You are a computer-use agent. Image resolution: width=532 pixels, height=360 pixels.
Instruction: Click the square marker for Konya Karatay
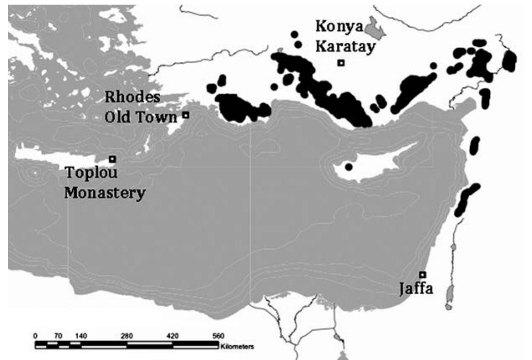click(x=341, y=63)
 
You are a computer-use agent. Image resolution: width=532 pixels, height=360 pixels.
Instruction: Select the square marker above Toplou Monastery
click(x=112, y=159)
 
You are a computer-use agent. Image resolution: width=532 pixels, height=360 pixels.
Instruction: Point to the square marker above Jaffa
click(x=422, y=274)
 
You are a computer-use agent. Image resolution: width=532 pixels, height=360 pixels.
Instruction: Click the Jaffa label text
click(x=415, y=289)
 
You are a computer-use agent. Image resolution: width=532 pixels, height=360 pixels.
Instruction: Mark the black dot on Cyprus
click(x=349, y=167)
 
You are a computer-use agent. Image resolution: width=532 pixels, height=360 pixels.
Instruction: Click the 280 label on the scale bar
click(x=127, y=336)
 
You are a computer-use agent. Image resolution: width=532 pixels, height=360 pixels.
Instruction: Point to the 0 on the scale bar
click(x=36, y=336)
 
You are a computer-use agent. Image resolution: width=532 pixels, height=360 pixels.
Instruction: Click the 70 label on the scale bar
click(x=58, y=336)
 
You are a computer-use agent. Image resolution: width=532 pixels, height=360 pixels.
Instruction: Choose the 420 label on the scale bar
click(x=172, y=336)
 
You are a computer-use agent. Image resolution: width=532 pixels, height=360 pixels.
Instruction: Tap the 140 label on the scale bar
click(x=81, y=336)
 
